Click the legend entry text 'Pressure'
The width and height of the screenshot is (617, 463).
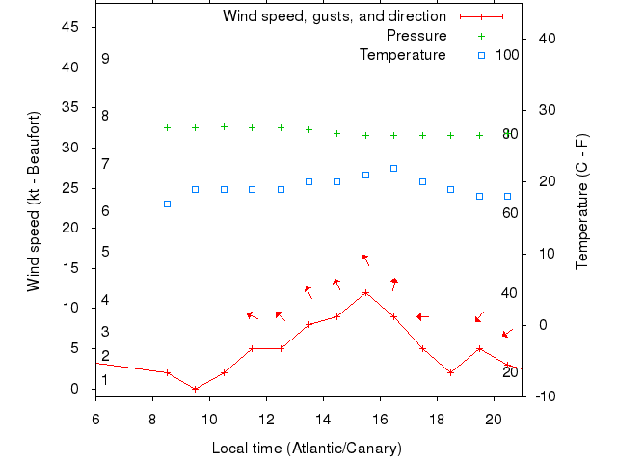click(416, 36)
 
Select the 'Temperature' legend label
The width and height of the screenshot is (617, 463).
click(403, 55)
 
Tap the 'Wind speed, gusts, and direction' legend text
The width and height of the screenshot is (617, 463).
click(335, 16)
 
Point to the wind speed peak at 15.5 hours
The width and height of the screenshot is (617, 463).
click(365, 292)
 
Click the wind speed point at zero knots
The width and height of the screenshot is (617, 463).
click(196, 389)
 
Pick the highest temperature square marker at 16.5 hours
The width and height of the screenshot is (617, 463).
click(393, 168)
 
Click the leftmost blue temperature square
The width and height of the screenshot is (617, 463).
click(167, 204)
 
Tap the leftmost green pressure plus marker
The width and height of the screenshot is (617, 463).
click(167, 127)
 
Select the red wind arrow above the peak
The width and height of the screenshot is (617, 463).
click(365, 259)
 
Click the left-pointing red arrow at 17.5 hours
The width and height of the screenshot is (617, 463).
click(422, 316)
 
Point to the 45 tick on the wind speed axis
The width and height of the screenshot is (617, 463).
click(70, 27)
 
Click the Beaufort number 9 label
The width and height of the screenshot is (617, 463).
click(105, 59)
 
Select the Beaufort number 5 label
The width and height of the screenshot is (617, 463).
click(105, 252)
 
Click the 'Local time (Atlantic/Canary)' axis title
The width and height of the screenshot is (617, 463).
click(307, 449)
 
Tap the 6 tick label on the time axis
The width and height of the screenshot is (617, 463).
click(95, 420)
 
